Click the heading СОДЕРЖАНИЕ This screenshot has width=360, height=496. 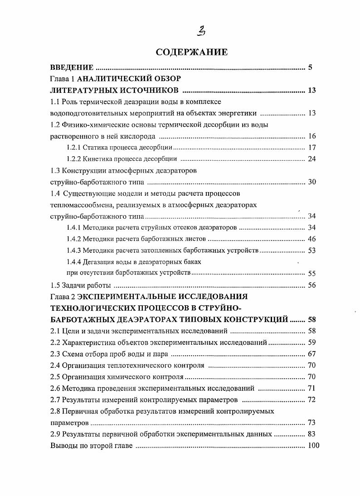pyautogui.click(x=191, y=52)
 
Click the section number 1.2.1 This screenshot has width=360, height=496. pyautogui.click(x=73, y=147)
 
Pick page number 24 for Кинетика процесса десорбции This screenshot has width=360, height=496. pyautogui.click(x=311, y=159)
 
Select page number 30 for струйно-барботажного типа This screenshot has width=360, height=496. pyautogui.click(x=311, y=182)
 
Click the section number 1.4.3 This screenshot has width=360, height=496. pyautogui.click(x=73, y=250)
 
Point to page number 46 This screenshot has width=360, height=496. pyautogui.click(x=311, y=239)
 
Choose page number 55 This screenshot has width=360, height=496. pyautogui.click(x=311, y=273)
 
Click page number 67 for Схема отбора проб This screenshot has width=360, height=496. pyautogui.click(x=311, y=354)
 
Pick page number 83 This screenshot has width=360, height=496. pyautogui.click(x=311, y=434)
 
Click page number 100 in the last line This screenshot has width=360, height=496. pyautogui.click(x=313, y=446)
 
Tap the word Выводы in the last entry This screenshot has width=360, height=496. pyautogui.click(x=62, y=446)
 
